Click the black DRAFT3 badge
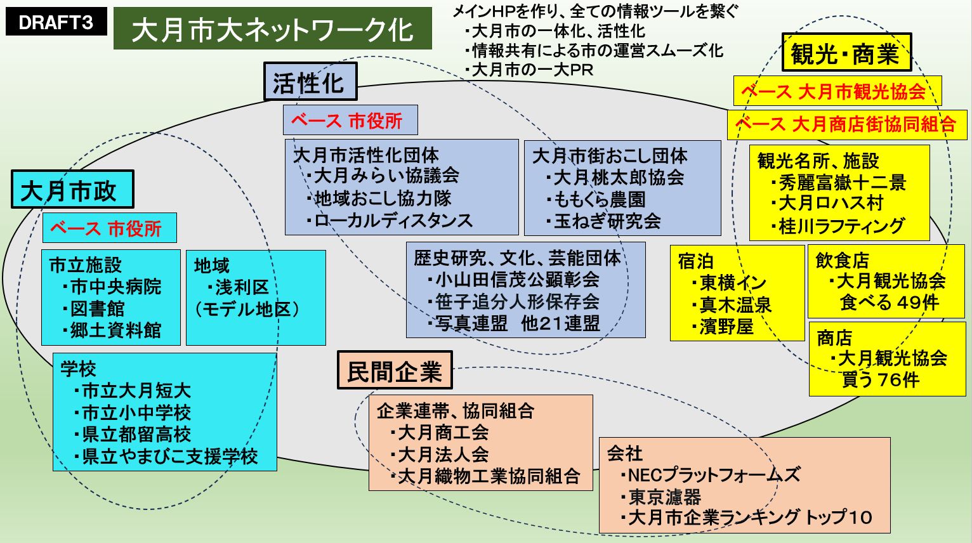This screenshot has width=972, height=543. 56,23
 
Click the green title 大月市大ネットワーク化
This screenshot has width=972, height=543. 272,29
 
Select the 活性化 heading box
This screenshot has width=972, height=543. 310,82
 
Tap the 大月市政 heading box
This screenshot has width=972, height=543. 72,190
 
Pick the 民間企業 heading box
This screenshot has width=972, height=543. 394,370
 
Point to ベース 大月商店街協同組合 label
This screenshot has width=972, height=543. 846,124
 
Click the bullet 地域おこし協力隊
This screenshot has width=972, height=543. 381,198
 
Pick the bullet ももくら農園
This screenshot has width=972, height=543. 598,199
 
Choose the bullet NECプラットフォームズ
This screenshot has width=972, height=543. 712,475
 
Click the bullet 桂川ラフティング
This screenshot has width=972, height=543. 840,226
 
